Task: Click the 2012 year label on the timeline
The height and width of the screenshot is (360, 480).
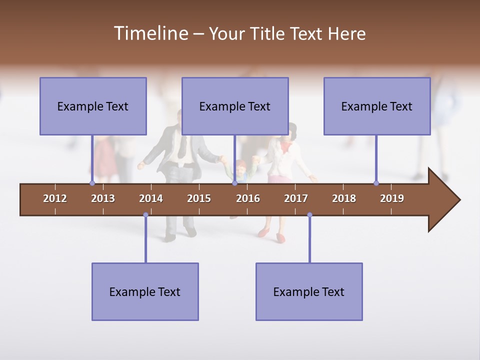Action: [55, 198]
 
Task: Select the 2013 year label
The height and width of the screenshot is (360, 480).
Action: [103, 198]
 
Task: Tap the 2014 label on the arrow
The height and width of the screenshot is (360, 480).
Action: [151, 198]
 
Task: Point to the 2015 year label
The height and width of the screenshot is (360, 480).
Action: [199, 198]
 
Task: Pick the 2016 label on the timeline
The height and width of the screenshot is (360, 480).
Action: [248, 198]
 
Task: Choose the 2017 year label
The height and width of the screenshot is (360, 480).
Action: [296, 198]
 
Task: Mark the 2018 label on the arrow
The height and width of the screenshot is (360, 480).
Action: [344, 198]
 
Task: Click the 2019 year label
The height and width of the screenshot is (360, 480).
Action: [392, 198]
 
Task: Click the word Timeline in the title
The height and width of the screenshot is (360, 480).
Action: [150, 33]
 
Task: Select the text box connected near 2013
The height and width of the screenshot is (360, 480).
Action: [93, 106]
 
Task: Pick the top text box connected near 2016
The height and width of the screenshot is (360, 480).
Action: [235, 106]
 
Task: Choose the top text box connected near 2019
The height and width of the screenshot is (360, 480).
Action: [377, 106]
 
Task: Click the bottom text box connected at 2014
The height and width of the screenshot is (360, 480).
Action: [145, 292]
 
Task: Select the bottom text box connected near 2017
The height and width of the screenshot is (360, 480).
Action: [309, 292]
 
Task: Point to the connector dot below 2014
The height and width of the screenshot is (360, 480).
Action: [145, 215]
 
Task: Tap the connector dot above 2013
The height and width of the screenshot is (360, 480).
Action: [92, 183]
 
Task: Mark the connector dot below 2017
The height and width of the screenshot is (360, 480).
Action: [309, 215]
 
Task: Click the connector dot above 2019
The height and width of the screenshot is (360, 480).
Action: [376, 183]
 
